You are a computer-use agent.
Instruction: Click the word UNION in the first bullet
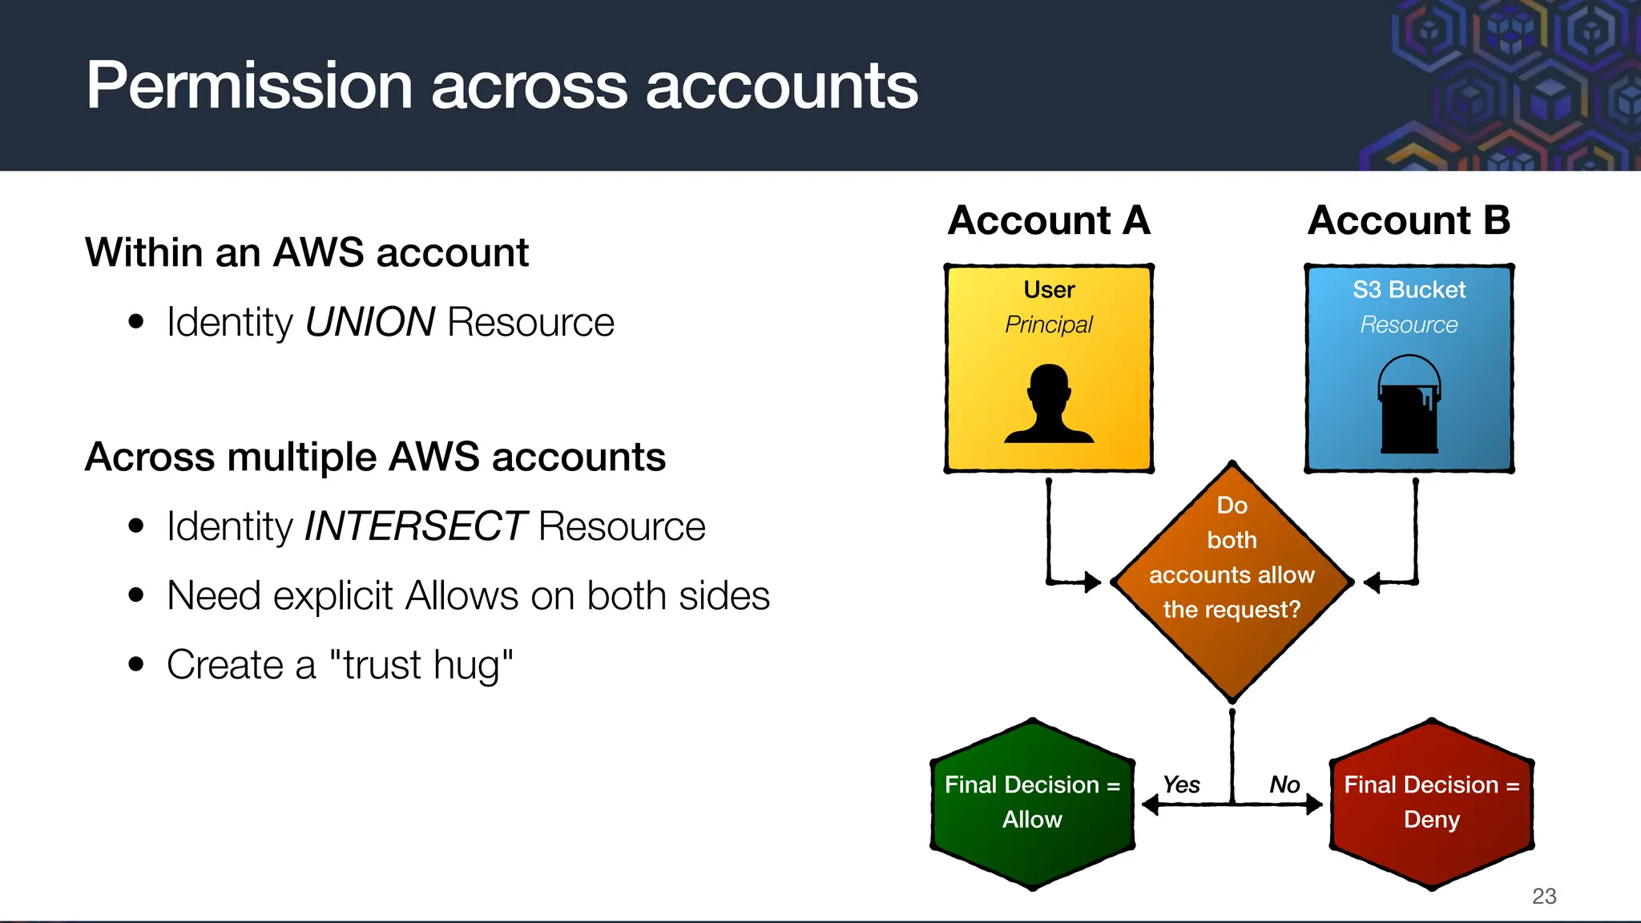(x=369, y=322)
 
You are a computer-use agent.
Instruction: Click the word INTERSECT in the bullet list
(x=415, y=526)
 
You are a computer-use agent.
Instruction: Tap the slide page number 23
(x=1543, y=896)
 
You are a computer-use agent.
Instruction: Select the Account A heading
(x=1048, y=220)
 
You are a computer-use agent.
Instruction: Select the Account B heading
(x=1409, y=220)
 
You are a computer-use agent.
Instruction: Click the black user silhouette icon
(x=1049, y=404)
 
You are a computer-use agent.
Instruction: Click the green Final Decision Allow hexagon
(x=1032, y=804)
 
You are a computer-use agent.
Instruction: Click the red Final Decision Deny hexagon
(x=1431, y=804)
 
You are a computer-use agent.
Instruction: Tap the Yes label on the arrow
(x=1181, y=784)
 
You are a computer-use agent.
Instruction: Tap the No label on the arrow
(x=1284, y=784)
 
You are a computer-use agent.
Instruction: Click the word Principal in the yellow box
(x=1048, y=324)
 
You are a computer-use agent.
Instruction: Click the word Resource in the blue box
(x=1409, y=324)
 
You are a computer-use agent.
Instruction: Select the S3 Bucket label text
(x=1409, y=289)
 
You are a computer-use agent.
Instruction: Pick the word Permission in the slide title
(x=249, y=86)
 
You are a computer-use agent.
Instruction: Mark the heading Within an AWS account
(x=307, y=252)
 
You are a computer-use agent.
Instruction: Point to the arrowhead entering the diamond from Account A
(x=1092, y=582)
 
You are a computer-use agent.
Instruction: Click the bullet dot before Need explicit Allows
(x=136, y=595)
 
